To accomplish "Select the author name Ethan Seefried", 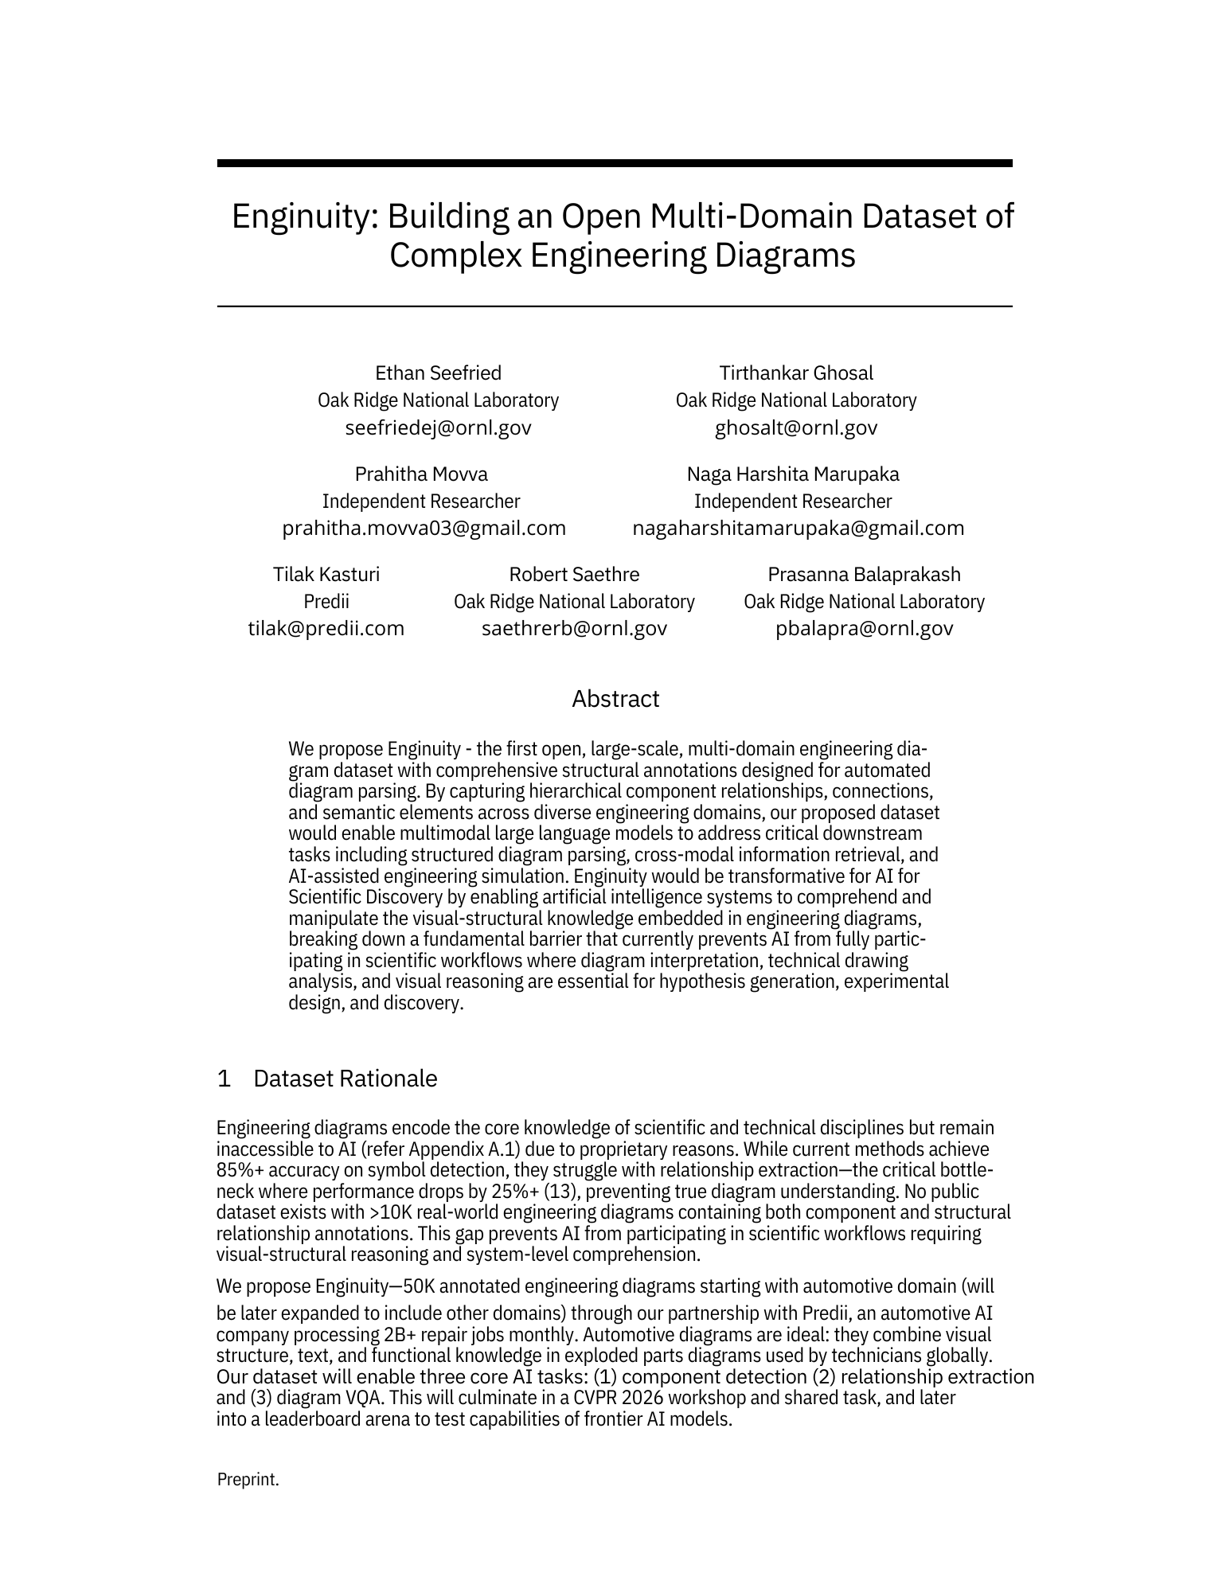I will pyautogui.click(x=438, y=373).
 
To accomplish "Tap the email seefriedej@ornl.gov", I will pyautogui.click(x=438, y=427).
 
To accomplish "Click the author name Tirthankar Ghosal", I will pyautogui.click(x=796, y=373).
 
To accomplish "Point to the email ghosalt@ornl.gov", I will pyautogui.click(x=796, y=427).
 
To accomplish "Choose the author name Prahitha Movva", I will pyautogui.click(x=421, y=474).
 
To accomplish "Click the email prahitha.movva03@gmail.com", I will pyautogui.click(x=424, y=528).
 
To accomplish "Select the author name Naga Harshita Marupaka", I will pyautogui.click(x=793, y=474).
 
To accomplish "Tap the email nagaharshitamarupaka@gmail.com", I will pyautogui.click(x=798, y=528).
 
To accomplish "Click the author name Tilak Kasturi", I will pyautogui.click(x=326, y=575).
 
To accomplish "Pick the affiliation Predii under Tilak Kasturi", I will pyautogui.click(x=326, y=602).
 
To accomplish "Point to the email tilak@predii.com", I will pyautogui.click(x=326, y=629).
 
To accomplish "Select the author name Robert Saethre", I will pyautogui.click(x=574, y=575).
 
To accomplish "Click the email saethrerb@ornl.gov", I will pyautogui.click(x=574, y=629).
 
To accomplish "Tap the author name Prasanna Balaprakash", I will pyautogui.click(x=864, y=575).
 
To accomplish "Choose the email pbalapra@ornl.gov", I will pyautogui.click(x=864, y=629).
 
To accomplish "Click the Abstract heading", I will pyautogui.click(x=615, y=699).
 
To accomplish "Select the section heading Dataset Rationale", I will pyautogui.click(x=345, y=1079).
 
